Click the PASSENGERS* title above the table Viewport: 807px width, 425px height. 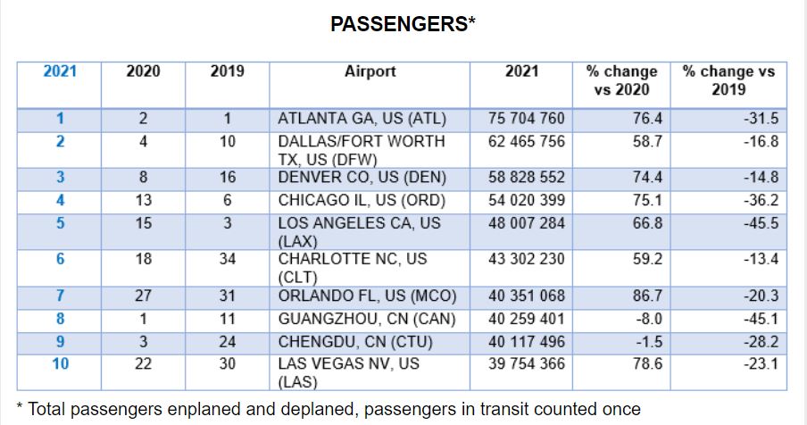point(403,24)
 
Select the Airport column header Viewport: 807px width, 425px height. point(370,71)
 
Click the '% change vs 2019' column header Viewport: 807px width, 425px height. point(728,80)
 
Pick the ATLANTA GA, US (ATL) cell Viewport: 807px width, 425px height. point(362,119)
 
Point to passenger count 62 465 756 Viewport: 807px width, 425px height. point(526,141)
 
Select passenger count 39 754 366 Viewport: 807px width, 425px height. point(526,364)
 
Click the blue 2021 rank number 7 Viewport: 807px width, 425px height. point(60,296)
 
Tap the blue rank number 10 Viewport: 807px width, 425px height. point(60,364)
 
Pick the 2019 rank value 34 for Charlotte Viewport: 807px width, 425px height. point(227,259)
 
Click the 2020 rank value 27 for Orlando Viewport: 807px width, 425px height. point(143,296)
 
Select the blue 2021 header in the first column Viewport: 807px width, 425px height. point(60,71)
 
